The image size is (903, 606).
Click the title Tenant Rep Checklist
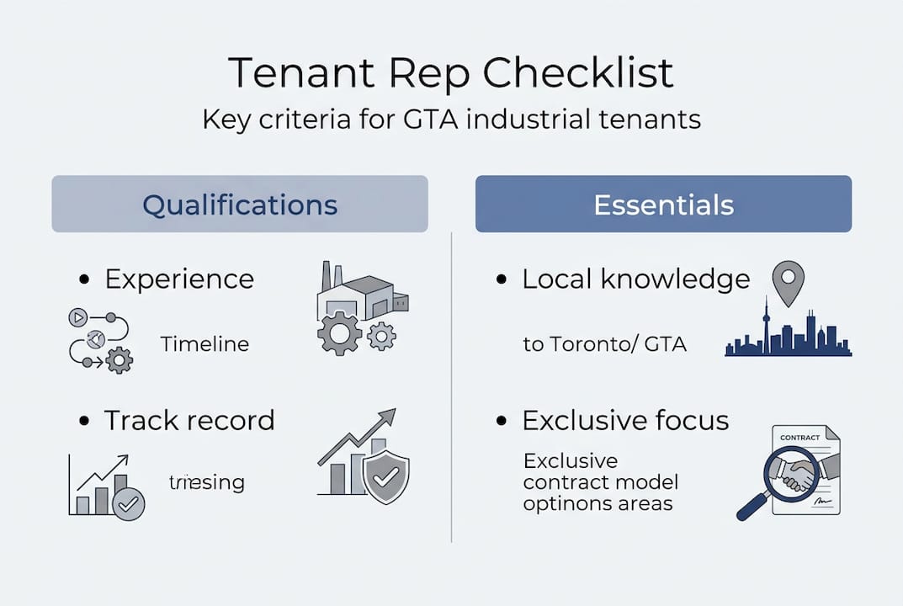(x=451, y=73)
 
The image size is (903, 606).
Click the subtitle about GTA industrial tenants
(x=451, y=119)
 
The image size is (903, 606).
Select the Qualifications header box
(x=240, y=205)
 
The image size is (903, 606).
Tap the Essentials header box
(x=663, y=205)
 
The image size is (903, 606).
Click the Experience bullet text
(x=178, y=279)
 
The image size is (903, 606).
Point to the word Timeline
(x=205, y=343)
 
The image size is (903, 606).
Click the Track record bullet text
(x=189, y=420)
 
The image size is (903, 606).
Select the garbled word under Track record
(x=206, y=482)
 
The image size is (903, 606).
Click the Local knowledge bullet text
(x=635, y=279)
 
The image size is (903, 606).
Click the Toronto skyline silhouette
(x=788, y=332)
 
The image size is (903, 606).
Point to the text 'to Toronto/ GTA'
(x=604, y=344)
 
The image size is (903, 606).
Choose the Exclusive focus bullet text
(x=624, y=420)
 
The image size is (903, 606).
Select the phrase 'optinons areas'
(x=598, y=504)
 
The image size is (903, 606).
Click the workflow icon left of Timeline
(x=100, y=340)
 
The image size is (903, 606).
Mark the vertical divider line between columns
(x=452, y=387)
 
